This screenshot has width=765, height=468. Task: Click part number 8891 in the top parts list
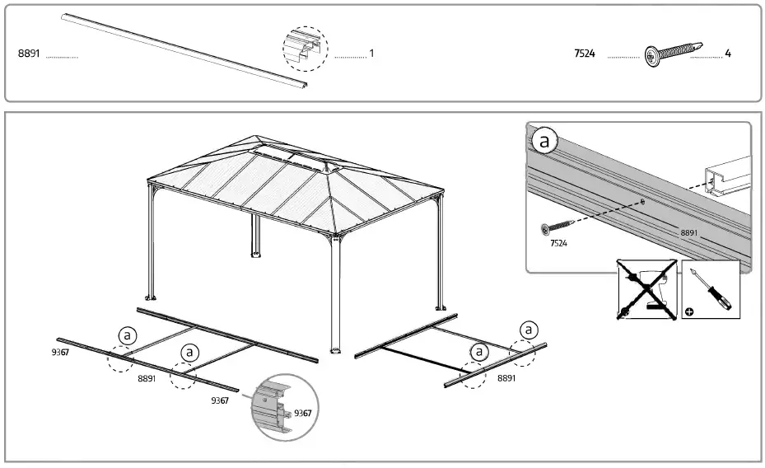point(29,54)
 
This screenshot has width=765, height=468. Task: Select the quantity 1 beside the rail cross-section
point(371,54)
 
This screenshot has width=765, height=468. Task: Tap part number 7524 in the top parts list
point(585,54)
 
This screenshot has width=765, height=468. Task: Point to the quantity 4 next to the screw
point(728,54)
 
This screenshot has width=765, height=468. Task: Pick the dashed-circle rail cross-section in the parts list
point(305,48)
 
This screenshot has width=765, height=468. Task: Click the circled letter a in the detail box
point(544,142)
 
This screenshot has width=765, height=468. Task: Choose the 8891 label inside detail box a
point(690,233)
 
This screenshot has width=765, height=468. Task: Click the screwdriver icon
point(711,290)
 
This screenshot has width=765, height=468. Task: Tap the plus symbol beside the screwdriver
point(688,312)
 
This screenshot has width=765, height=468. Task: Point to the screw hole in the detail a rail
point(641,201)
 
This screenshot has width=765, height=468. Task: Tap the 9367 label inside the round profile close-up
point(302,413)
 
